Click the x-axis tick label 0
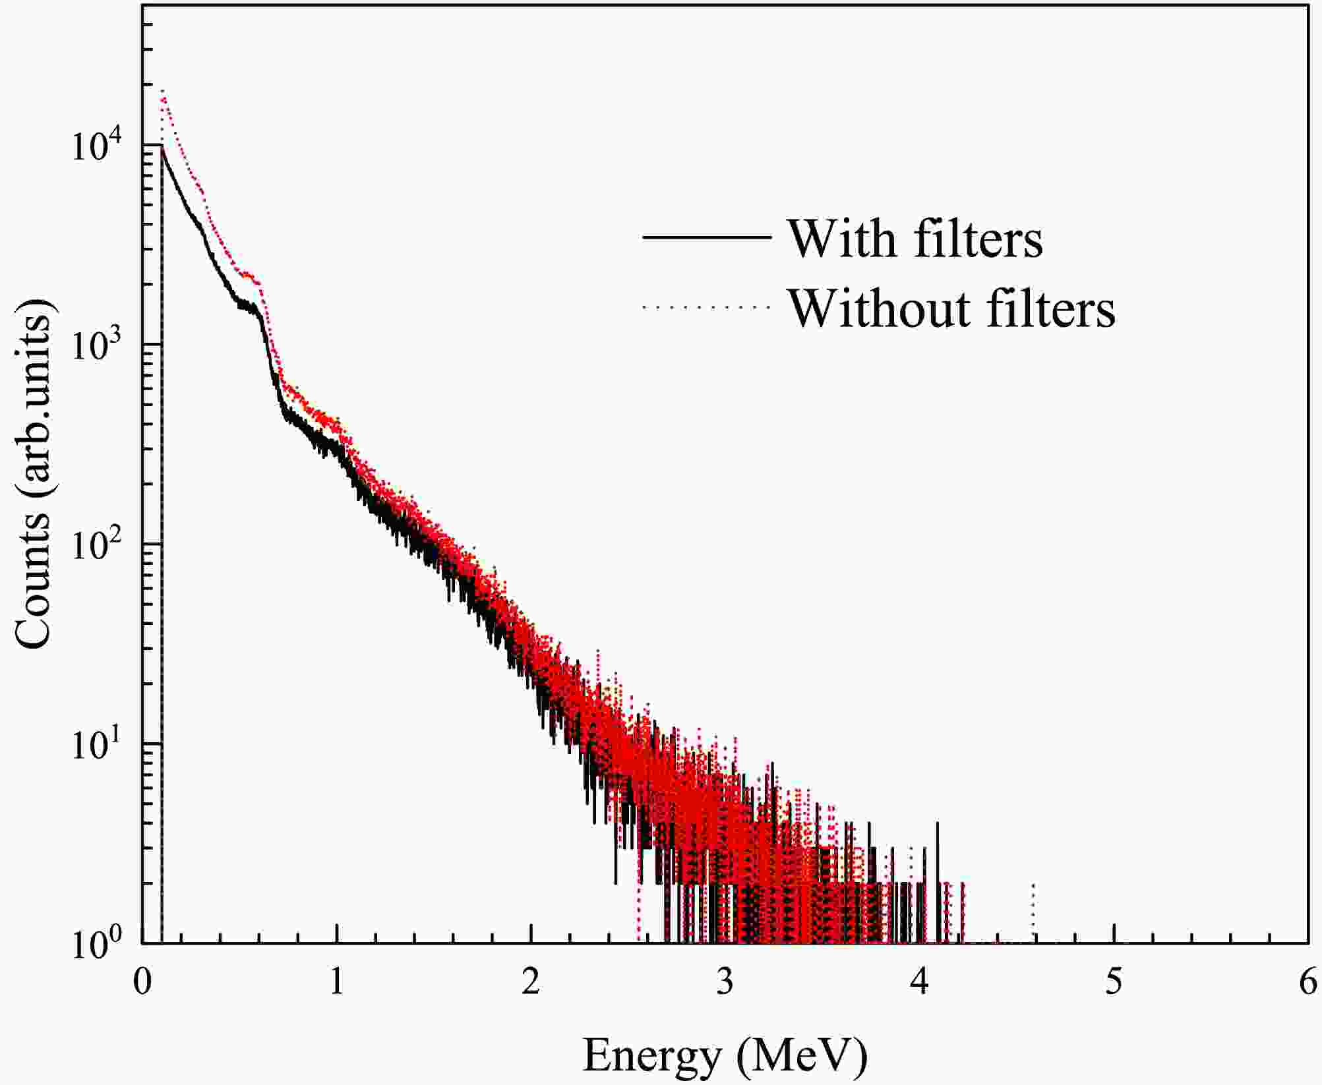tap(142, 983)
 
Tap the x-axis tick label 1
tap(336, 983)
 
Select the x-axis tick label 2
tap(531, 983)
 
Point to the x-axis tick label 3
tap(725, 983)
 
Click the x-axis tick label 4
tap(919, 983)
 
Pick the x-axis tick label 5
tap(1114, 983)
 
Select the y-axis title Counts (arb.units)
tap(33, 480)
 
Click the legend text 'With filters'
tap(916, 238)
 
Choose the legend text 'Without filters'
tap(952, 308)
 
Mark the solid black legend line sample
tap(706, 237)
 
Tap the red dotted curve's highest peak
tap(162, 91)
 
